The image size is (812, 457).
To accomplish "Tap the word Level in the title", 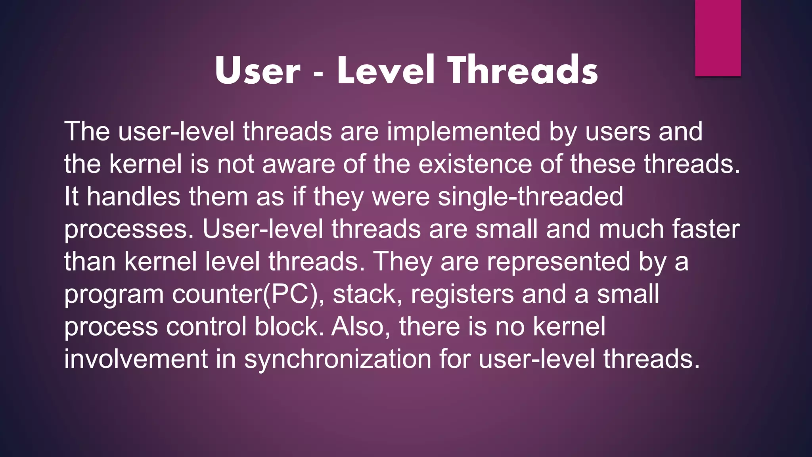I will point(386,70).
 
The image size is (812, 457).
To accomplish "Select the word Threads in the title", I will point(523,70).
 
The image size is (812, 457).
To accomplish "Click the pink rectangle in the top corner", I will point(718,38).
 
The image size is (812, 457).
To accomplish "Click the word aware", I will point(299,164).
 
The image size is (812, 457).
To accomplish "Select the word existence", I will point(475,164).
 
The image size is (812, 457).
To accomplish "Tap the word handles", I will point(133,196).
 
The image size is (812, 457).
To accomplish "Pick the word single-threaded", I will point(530,196).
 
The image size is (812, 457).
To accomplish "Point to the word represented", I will point(559,262).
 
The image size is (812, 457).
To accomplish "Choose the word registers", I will point(462,295).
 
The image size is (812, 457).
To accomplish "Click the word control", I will point(206,326).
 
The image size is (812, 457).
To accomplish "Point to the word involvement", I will point(136,359).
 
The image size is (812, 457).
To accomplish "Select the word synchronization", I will point(337,359).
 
